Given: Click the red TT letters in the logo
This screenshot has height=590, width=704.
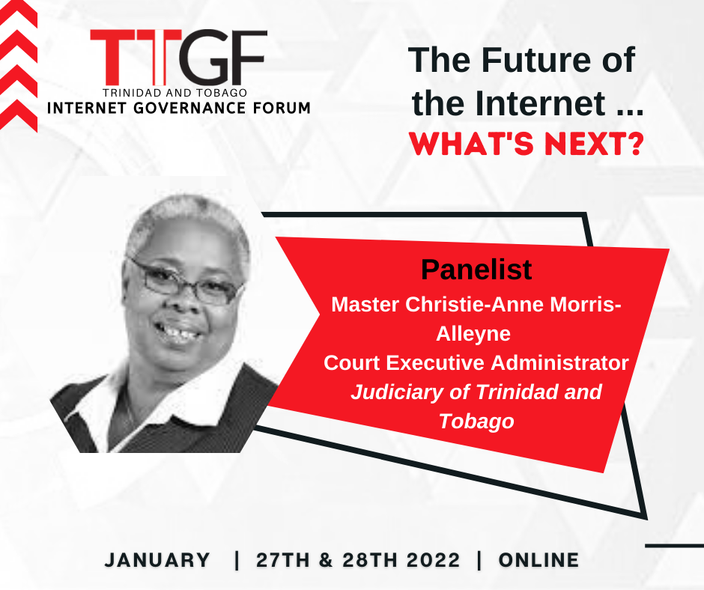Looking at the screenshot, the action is [136, 57].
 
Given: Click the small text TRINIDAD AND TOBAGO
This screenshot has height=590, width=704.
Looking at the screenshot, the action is [175, 93].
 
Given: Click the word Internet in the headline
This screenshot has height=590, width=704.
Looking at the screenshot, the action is [540, 103].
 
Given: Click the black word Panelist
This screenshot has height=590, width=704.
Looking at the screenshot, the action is [476, 270].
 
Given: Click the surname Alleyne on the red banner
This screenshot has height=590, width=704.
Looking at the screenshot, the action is [473, 334].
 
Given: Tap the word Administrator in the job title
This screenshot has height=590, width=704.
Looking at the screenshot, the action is [560, 363].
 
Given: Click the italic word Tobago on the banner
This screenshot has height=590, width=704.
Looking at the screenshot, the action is [476, 422].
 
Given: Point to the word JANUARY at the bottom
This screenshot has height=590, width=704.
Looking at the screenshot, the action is [157, 560].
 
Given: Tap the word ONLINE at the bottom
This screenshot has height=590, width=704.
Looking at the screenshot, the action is [538, 560].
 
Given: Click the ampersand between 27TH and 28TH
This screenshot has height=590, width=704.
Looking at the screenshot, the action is [326, 560].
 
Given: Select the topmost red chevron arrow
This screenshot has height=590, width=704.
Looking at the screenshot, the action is [19, 13].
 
